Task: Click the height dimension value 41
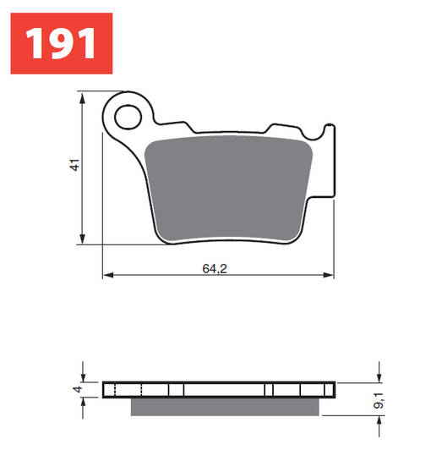(75, 167)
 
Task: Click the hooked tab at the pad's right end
(329, 135)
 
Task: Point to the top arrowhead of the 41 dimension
(83, 100)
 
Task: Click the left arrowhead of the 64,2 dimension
(106, 275)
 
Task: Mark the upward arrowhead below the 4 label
(84, 402)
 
